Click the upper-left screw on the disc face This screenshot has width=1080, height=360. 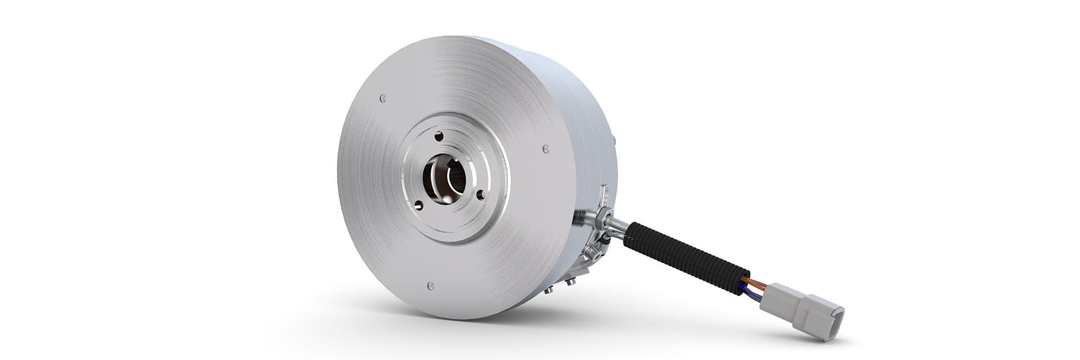pos(383,99)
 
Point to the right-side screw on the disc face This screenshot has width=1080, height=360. pos(544,148)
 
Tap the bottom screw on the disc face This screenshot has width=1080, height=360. pos(430,285)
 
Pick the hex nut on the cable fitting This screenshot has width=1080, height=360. pos(602,216)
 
